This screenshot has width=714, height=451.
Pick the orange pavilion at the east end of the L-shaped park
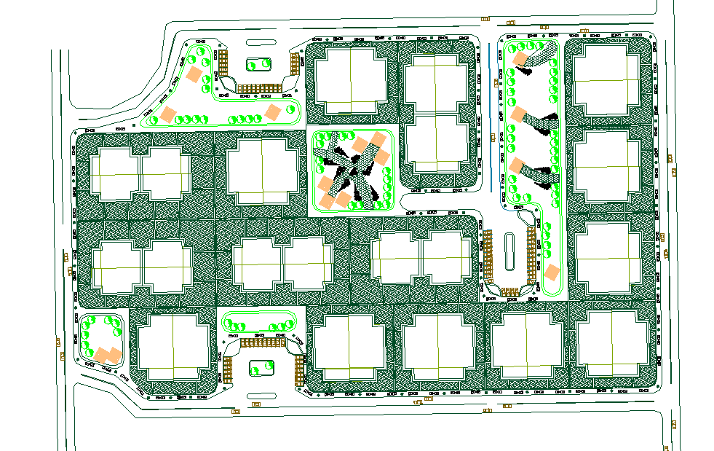pyautogui.click(x=273, y=111)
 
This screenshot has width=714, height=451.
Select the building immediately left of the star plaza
pyautogui.click(x=263, y=172)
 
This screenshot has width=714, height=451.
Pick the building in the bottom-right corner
pyautogui.click(x=611, y=342)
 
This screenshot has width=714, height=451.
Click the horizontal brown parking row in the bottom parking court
pyautogui.click(x=261, y=342)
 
